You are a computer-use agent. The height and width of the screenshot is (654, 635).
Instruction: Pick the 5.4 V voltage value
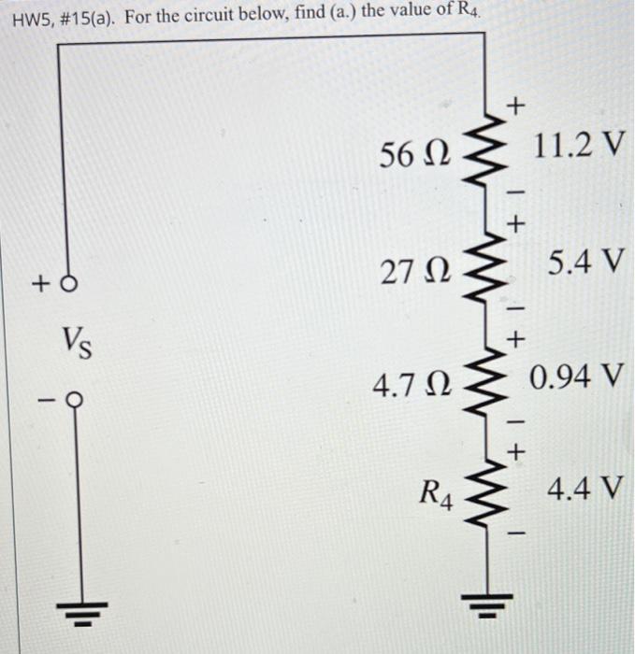click(x=583, y=263)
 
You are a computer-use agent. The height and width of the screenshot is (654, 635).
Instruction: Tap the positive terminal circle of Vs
click(x=65, y=281)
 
